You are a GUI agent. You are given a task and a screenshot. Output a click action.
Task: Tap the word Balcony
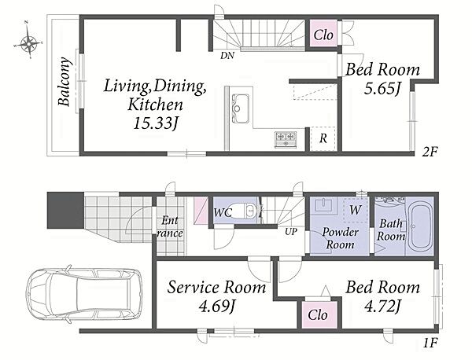coord(65,82)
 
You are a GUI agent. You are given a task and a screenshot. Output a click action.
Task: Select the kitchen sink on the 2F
coord(240,108)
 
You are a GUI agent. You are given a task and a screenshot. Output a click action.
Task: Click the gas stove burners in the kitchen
coord(286,140)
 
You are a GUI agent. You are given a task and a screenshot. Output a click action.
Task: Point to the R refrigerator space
coord(323,138)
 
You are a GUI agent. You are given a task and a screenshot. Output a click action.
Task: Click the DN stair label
coord(227,55)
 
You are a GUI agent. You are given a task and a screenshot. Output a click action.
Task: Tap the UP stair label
coord(291,231)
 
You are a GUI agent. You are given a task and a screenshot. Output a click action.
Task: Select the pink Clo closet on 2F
coord(323,33)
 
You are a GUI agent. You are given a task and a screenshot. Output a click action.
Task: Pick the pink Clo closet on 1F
coord(318,315)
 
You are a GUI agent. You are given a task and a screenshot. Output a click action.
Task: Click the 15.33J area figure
coord(155,123)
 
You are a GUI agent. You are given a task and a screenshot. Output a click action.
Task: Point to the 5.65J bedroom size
coord(382,88)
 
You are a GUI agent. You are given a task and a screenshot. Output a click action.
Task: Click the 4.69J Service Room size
coord(216,307)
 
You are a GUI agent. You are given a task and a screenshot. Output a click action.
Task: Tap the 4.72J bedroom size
coord(382,307)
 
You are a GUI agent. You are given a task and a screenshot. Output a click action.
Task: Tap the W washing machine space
coord(356,210)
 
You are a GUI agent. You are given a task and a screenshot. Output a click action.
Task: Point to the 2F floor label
coord(429,152)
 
